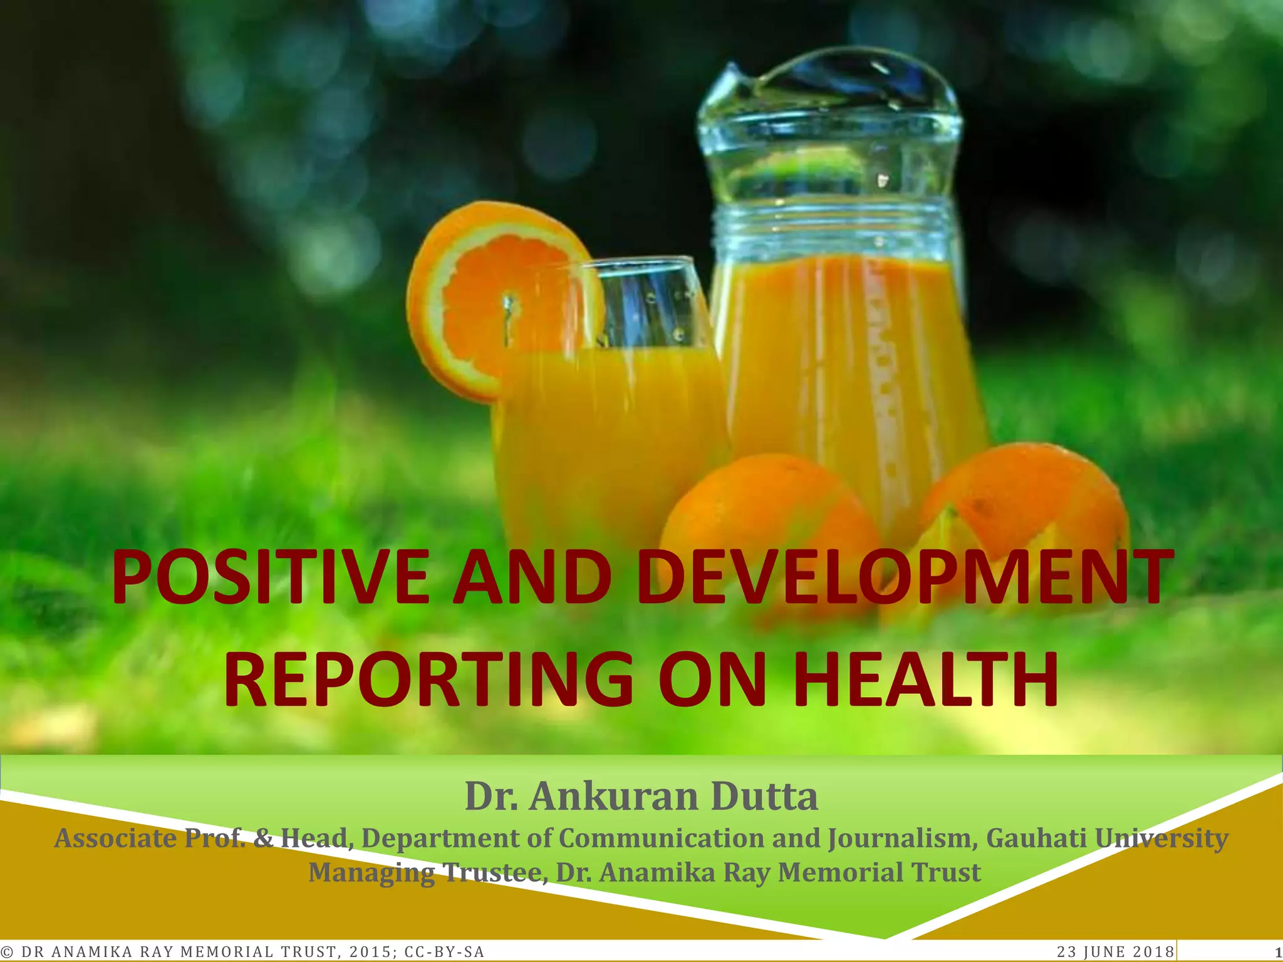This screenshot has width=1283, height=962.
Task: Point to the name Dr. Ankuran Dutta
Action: [641, 797]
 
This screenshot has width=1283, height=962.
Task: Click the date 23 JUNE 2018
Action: [1115, 952]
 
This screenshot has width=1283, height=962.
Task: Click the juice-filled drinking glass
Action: [614, 426]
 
